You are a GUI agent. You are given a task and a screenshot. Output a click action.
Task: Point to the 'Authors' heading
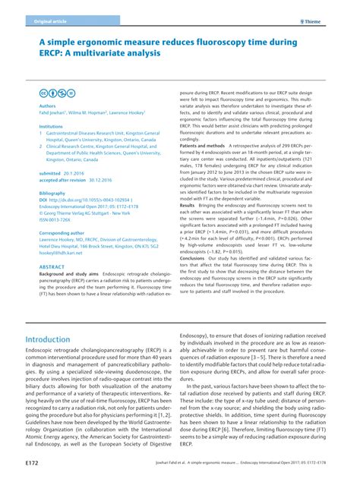coord(47,107)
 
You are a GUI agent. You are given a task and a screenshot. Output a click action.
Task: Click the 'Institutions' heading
coord(51,127)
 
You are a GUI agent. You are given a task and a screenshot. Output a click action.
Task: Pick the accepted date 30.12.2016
coord(110,180)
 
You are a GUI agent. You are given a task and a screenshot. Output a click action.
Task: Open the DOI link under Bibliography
coord(92,200)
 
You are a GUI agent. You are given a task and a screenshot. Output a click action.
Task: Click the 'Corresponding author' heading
coord(63,233)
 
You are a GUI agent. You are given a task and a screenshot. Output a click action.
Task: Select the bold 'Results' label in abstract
coord(187,205)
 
